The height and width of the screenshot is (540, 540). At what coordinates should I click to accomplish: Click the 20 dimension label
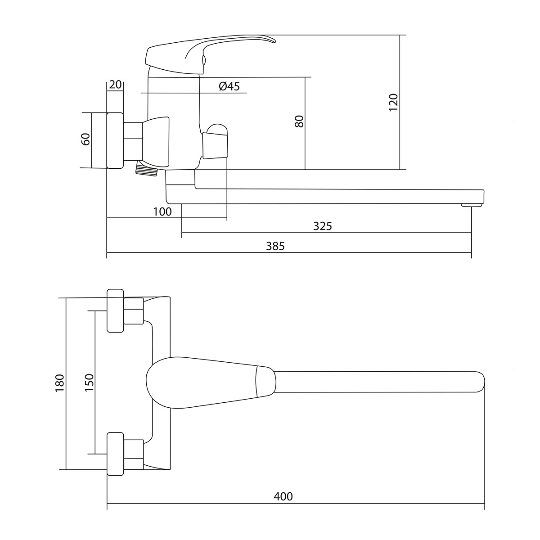pyautogui.click(x=115, y=84)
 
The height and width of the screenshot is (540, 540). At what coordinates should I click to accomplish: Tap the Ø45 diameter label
pyautogui.click(x=229, y=86)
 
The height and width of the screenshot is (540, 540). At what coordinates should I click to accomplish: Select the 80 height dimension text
pyautogui.click(x=299, y=121)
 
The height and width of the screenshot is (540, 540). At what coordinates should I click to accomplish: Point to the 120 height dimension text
pyautogui.click(x=393, y=103)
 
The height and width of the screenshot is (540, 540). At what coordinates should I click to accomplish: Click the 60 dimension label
pyautogui.click(x=85, y=139)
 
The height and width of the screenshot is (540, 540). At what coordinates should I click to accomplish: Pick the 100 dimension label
pyautogui.click(x=162, y=212)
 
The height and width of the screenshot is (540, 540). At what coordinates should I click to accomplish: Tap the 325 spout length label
pyautogui.click(x=322, y=226)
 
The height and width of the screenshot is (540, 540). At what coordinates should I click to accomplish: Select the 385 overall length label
pyautogui.click(x=275, y=246)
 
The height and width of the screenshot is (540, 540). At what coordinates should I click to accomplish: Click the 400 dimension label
pyautogui.click(x=283, y=496)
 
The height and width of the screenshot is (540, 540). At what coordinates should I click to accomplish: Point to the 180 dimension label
pyautogui.click(x=60, y=383)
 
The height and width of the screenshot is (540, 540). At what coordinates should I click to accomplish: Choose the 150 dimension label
pyautogui.click(x=89, y=383)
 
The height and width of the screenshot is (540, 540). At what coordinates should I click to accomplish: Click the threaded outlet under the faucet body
pyautogui.click(x=146, y=169)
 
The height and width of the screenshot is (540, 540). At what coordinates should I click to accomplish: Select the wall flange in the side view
pyautogui.click(x=115, y=140)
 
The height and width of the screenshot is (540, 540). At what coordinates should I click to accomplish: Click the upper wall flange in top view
pyautogui.click(x=115, y=310)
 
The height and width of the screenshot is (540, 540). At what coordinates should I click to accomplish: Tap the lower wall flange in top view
pyautogui.click(x=115, y=454)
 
